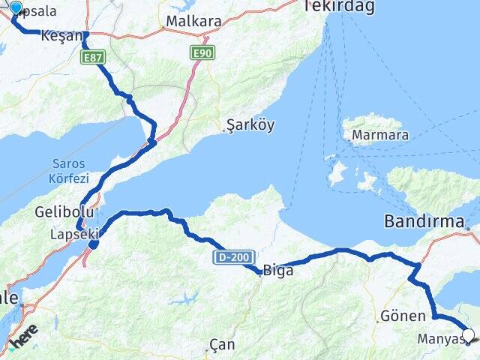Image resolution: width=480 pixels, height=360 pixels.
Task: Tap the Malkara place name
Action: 193,21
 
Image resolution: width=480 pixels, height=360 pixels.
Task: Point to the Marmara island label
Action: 382,135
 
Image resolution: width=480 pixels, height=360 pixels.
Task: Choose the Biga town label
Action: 278,272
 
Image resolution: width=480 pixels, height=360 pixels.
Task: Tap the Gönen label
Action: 403,316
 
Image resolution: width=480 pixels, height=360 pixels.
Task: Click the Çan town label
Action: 222,345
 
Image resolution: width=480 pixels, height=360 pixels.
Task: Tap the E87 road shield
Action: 94,57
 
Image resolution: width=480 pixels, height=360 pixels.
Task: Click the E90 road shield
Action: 201,53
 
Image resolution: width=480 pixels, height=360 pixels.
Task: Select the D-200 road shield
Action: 234,256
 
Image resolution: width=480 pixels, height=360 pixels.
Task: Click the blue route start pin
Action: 16,10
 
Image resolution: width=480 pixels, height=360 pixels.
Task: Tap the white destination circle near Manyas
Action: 469,335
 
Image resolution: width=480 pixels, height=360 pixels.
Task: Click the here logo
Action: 25,339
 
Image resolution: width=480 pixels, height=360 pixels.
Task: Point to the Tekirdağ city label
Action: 337,7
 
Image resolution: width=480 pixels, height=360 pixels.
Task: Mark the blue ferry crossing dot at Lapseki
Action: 94,244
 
